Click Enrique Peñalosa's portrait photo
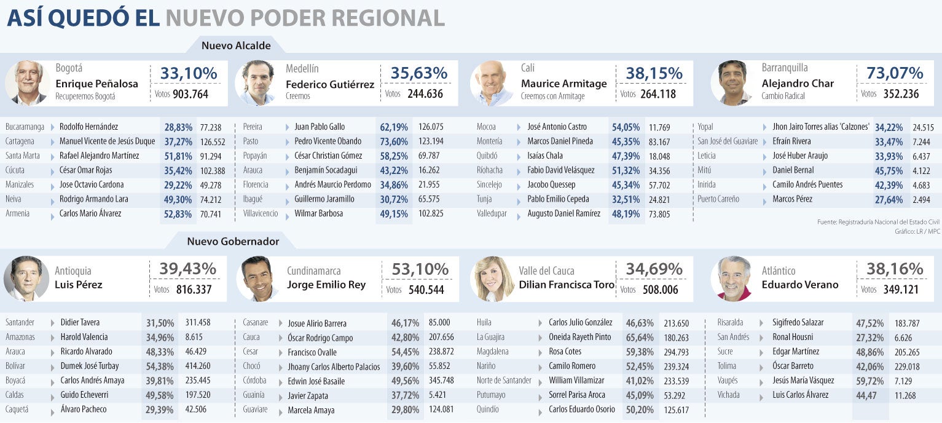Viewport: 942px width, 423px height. [28, 82]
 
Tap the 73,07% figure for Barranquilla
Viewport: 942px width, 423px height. [895, 73]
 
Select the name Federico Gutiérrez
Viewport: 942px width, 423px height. [330, 84]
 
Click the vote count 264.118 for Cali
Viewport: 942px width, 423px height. [657, 94]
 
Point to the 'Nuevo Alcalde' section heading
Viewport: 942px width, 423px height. [236, 45]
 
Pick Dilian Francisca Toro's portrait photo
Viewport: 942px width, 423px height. [492, 279]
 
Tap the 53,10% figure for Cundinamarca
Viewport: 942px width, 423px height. [420, 269]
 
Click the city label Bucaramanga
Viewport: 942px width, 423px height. [25, 127]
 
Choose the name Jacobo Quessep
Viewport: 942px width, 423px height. [551, 184]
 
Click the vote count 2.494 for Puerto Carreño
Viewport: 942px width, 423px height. [921, 200]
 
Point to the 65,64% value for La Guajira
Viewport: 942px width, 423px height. [640, 338]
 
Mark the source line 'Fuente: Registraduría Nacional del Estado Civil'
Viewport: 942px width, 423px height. [878, 222]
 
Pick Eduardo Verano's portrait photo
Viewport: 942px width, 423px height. [734, 279]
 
